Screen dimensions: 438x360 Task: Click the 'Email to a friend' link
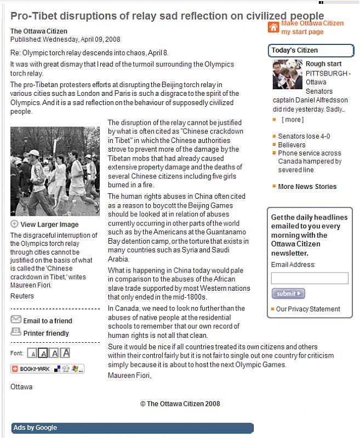click(x=47, y=321)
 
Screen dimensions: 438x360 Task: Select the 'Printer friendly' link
click(x=46, y=333)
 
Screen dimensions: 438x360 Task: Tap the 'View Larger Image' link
click(x=49, y=224)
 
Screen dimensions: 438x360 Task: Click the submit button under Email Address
click(x=288, y=294)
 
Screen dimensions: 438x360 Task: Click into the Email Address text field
click(x=310, y=278)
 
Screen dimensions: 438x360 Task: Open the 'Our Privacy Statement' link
click(x=308, y=309)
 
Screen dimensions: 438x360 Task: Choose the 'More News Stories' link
click(x=307, y=187)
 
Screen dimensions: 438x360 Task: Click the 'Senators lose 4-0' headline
click(x=304, y=136)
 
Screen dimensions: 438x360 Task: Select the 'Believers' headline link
click(x=292, y=145)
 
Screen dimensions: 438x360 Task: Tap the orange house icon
click(x=273, y=27)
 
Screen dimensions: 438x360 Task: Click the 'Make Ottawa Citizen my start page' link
click(x=312, y=27)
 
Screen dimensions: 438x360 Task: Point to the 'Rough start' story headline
click(x=323, y=64)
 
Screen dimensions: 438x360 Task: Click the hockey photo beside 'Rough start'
click(x=287, y=74)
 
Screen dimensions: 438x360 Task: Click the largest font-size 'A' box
click(x=66, y=353)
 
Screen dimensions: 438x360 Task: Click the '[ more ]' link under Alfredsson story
click(x=292, y=119)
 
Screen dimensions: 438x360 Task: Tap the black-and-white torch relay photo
click(x=55, y=171)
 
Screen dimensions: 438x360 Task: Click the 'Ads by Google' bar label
click(x=35, y=428)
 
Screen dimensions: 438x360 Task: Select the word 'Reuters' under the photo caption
click(x=22, y=296)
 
